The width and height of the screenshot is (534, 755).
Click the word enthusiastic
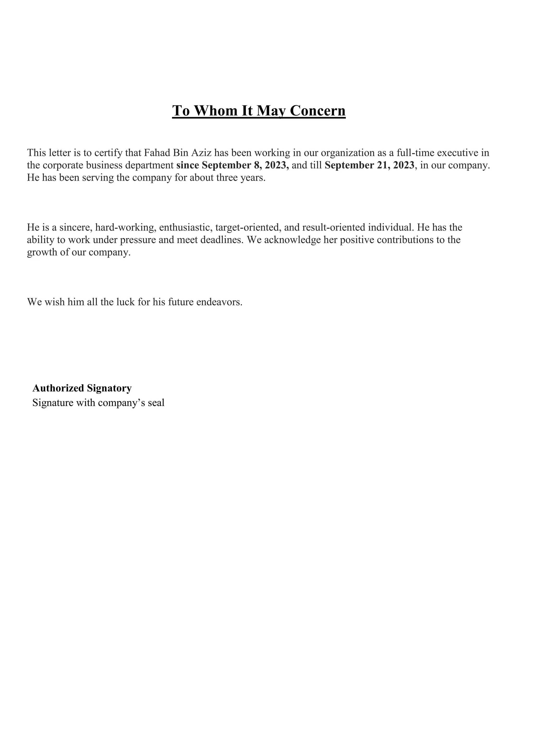pos(186,227)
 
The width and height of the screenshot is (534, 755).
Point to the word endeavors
pos(219,302)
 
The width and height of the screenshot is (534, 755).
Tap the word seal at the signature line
pos(156,403)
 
